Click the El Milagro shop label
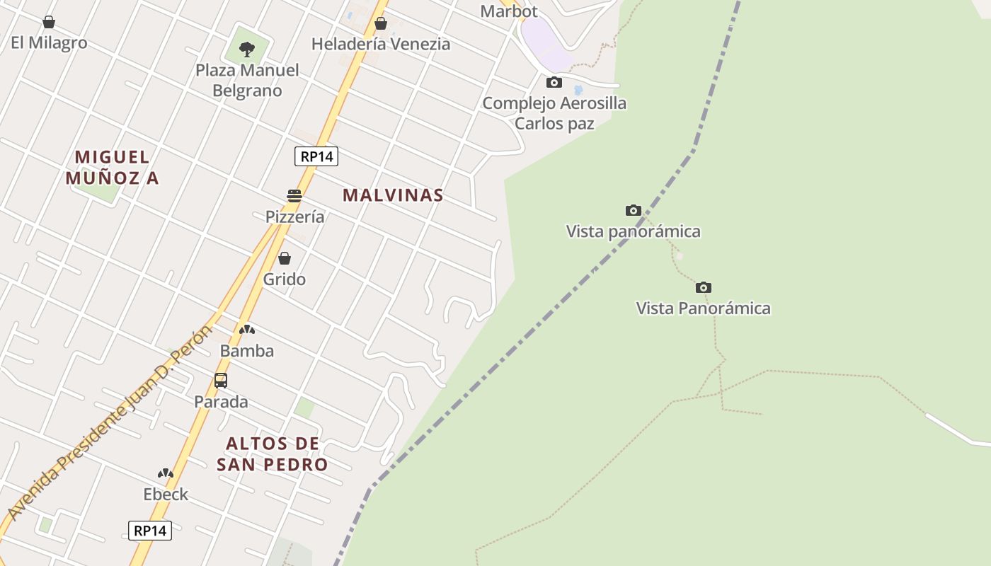(x=49, y=42)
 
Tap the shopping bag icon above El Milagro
(x=49, y=23)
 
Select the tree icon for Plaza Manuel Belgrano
(x=247, y=50)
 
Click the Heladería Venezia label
(x=380, y=44)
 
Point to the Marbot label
(x=508, y=11)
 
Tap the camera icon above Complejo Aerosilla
(x=554, y=83)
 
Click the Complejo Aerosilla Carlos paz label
(x=554, y=112)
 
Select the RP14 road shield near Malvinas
(x=316, y=156)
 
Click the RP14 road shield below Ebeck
(x=150, y=531)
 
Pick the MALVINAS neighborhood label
(x=393, y=195)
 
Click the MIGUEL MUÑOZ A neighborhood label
(x=112, y=167)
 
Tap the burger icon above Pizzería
(x=294, y=196)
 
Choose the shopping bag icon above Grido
(x=285, y=258)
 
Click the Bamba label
(x=246, y=351)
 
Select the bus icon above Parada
(x=221, y=381)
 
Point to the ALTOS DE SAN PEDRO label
(x=273, y=454)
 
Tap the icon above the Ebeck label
(x=166, y=473)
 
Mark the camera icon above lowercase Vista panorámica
(x=634, y=211)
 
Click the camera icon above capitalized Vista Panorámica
(x=703, y=287)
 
